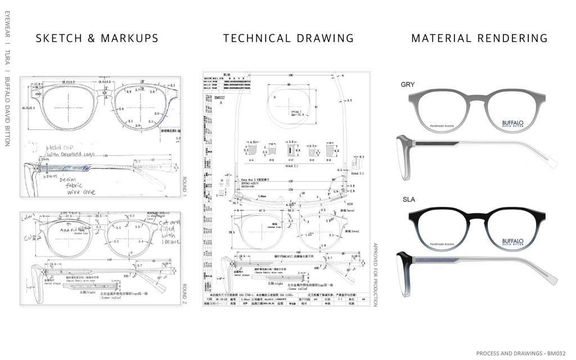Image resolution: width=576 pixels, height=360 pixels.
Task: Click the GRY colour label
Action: (x=408, y=84)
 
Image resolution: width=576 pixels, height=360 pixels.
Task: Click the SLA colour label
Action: (x=408, y=200)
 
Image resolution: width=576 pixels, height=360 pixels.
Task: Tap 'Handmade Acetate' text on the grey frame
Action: (x=442, y=126)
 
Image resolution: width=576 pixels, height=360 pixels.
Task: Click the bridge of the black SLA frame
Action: (x=478, y=217)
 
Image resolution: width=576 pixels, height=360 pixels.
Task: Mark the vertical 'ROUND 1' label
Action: (x=184, y=186)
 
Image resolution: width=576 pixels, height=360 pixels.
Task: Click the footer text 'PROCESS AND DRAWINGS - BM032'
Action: (x=520, y=353)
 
